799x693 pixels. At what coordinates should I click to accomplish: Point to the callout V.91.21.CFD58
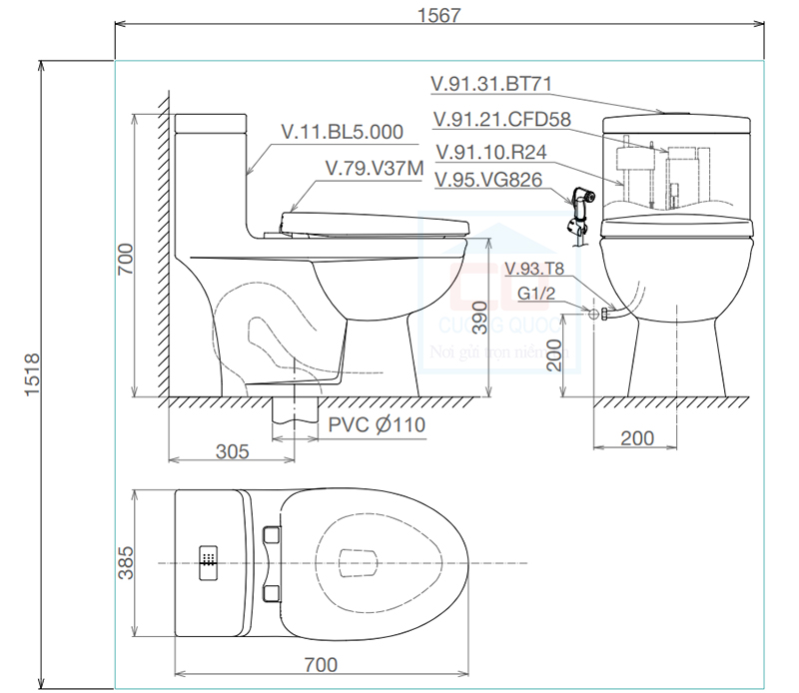(501, 120)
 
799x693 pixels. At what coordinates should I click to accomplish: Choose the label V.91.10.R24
(490, 152)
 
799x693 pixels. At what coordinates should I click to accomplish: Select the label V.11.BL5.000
(342, 131)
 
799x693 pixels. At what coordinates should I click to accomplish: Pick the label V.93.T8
(535, 268)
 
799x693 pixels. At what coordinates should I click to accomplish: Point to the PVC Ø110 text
(377, 425)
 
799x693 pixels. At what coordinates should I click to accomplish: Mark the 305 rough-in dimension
(232, 451)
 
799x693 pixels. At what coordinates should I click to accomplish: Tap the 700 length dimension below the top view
(321, 664)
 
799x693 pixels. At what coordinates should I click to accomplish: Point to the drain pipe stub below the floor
(292, 416)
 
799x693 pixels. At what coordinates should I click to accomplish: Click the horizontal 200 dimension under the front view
(637, 437)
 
